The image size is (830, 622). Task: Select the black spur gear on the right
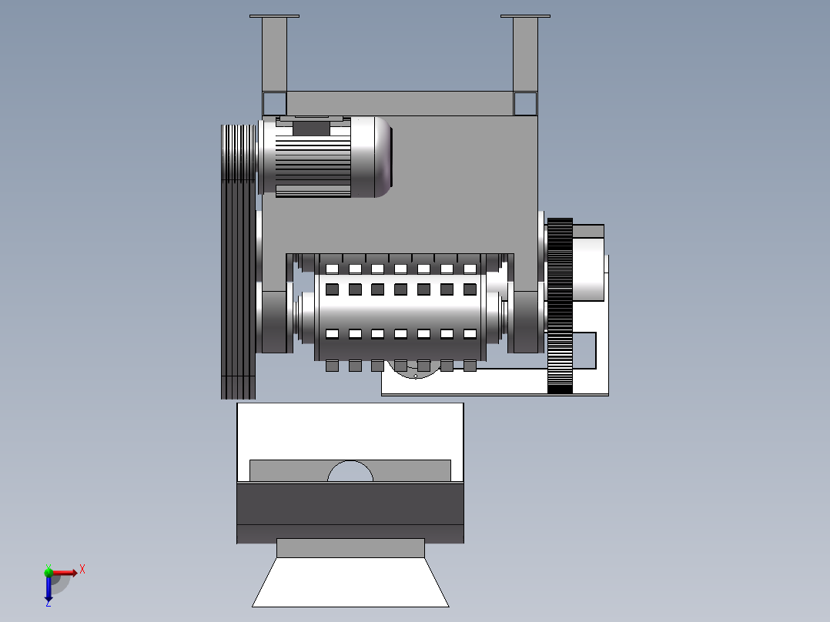[560, 306]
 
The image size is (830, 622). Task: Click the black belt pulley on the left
[238, 262]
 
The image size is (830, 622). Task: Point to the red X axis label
[82, 570]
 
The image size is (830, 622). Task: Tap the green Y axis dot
[49, 571]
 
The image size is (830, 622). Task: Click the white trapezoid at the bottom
[350, 582]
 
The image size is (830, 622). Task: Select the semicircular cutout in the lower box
[350, 471]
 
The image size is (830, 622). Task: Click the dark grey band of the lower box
[350, 513]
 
